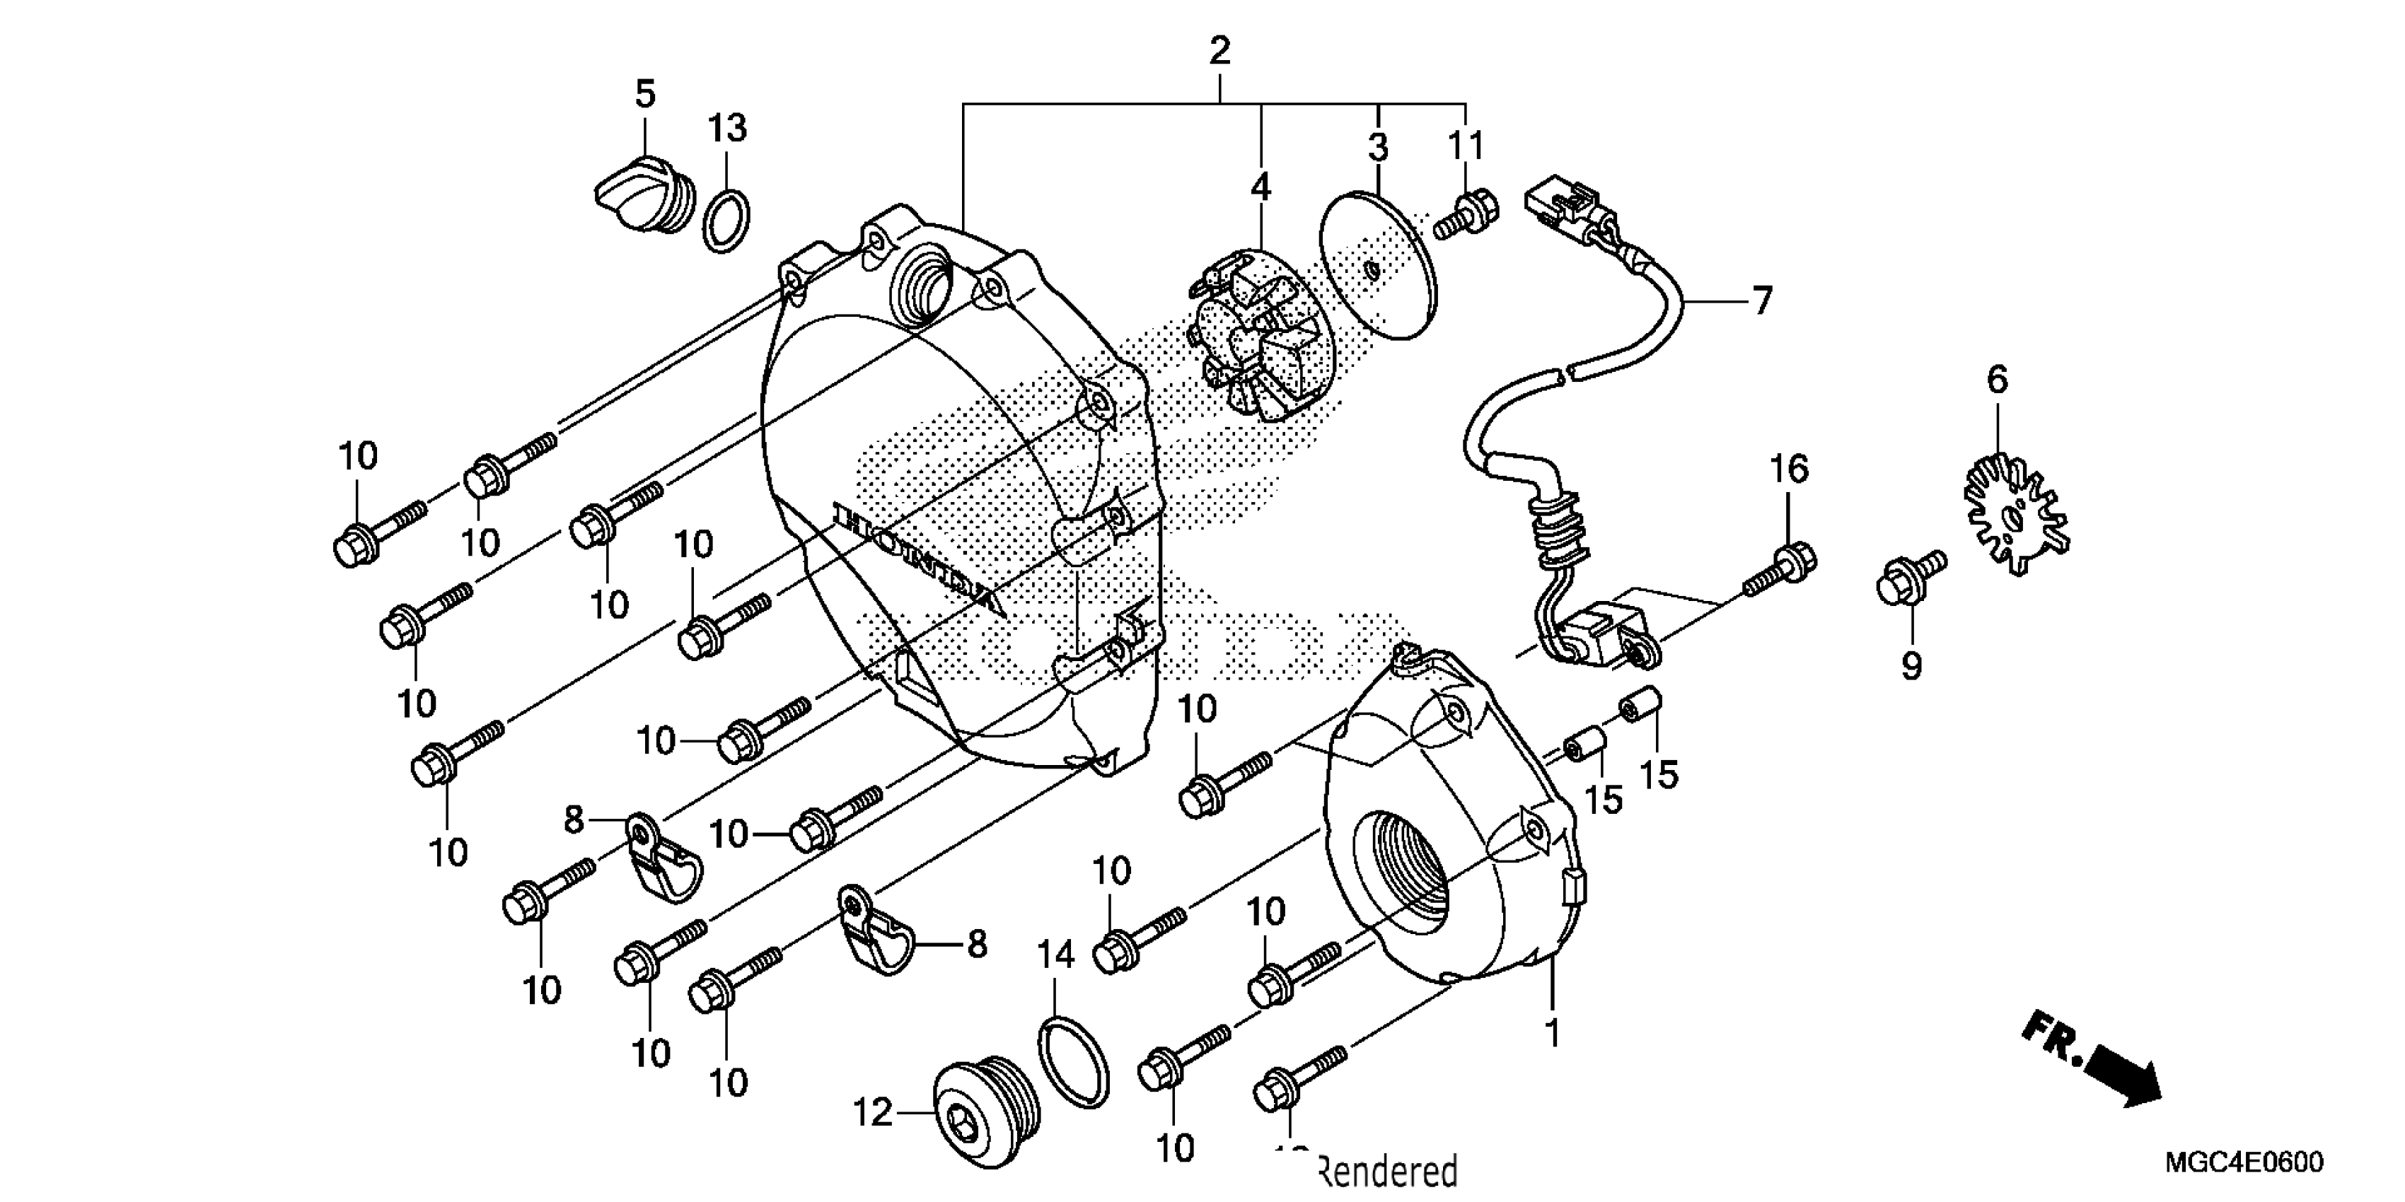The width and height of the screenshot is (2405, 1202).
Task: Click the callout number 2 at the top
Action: coord(1219,50)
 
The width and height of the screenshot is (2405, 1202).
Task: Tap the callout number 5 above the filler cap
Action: coord(645,94)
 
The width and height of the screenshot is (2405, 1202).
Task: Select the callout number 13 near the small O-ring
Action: coord(726,128)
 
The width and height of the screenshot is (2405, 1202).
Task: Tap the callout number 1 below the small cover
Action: coord(1552,1034)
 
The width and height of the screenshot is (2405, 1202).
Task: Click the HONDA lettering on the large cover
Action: coord(920,561)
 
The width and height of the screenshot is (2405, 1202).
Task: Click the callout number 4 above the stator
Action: coord(1261,187)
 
